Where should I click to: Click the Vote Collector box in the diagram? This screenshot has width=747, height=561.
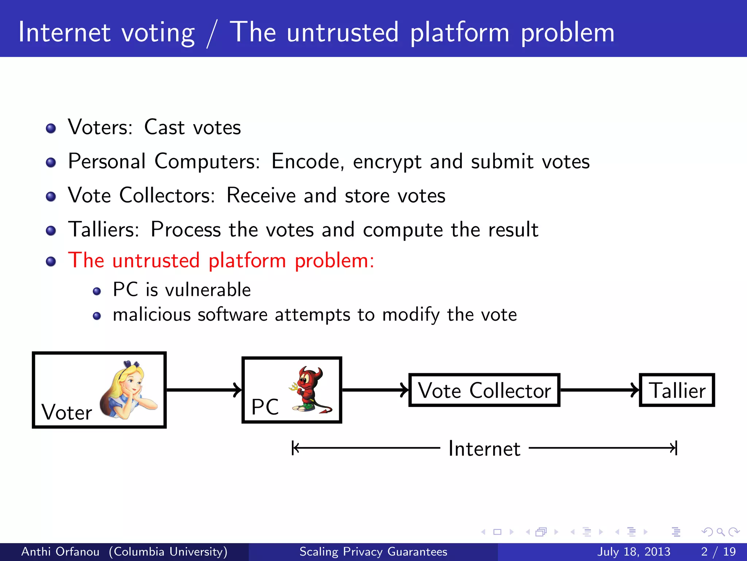click(484, 390)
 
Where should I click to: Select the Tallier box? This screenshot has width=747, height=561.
click(677, 390)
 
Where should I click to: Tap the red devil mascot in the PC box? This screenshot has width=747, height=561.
click(310, 389)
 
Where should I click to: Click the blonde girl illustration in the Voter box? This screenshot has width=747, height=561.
click(128, 389)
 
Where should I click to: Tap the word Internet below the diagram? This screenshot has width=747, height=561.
click(484, 449)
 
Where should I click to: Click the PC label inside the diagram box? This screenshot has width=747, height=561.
click(265, 407)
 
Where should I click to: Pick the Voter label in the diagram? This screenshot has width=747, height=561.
click(67, 413)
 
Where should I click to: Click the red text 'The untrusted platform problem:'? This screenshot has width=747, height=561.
click(221, 261)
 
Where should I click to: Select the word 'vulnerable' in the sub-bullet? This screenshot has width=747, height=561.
click(208, 290)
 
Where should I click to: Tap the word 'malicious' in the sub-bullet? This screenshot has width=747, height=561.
click(152, 315)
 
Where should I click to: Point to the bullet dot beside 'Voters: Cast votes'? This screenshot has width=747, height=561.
click(51, 129)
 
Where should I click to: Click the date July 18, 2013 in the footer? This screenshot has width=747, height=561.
click(634, 552)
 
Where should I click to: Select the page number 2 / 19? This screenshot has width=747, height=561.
click(718, 552)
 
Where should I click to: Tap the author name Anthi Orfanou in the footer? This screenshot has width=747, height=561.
click(61, 552)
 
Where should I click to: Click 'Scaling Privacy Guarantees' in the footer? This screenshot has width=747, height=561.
click(373, 552)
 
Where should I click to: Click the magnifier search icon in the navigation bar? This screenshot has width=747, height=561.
click(720, 532)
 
